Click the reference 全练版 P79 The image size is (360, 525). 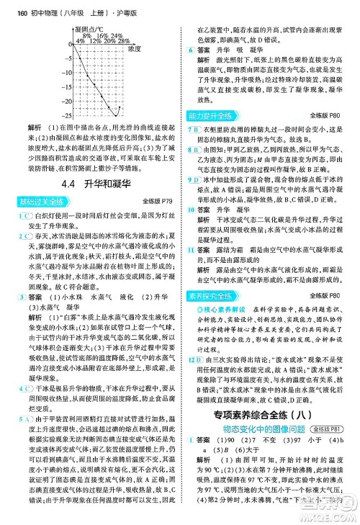[156, 200]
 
